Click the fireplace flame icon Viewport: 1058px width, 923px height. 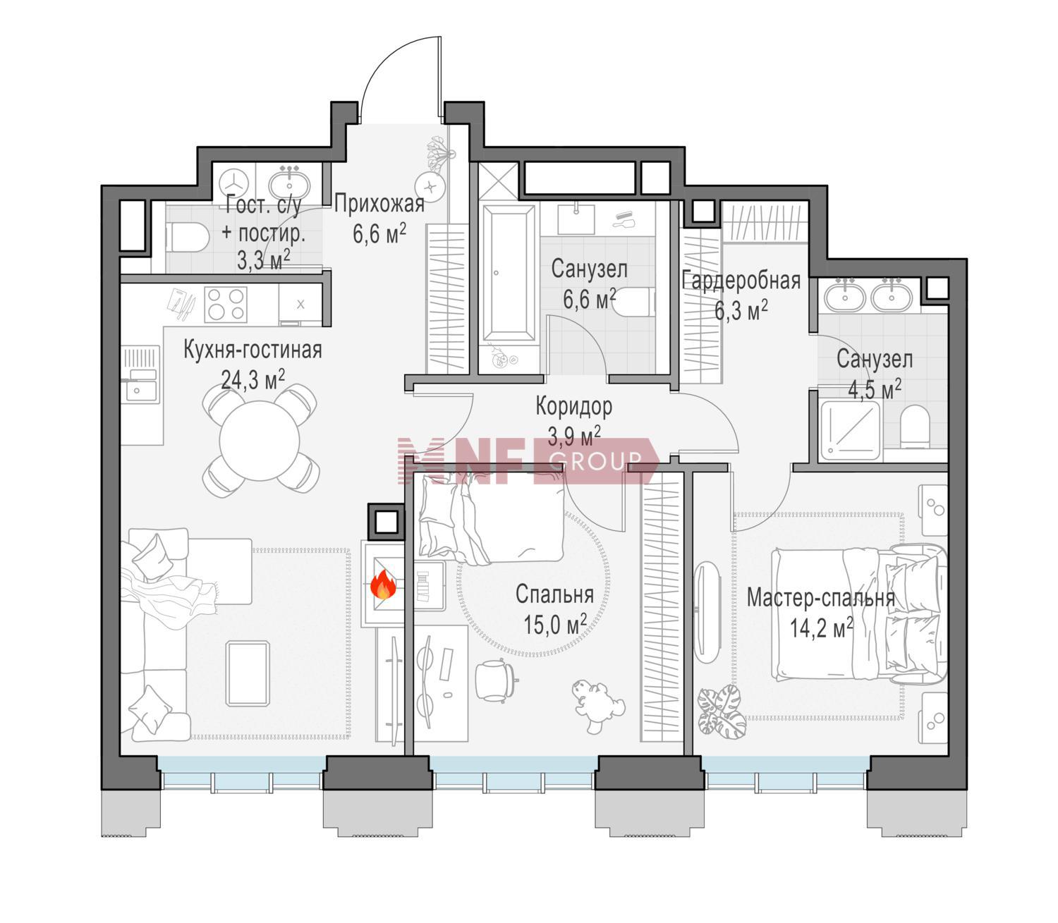pos(383,584)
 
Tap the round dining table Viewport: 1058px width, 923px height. pos(260,441)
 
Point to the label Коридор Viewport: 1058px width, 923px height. pos(573,406)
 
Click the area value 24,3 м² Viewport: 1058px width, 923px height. pos(253,380)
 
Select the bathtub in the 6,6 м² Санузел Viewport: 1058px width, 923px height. pos(509,272)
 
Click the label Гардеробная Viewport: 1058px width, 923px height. pos(741,281)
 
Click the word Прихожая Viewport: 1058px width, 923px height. pos(379,204)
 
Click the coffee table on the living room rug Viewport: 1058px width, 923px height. pos(248,673)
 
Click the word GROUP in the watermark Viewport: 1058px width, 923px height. pos(595,461)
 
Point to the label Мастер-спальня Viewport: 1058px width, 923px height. pos(821,599)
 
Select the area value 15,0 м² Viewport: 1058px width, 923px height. pos(555,624)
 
